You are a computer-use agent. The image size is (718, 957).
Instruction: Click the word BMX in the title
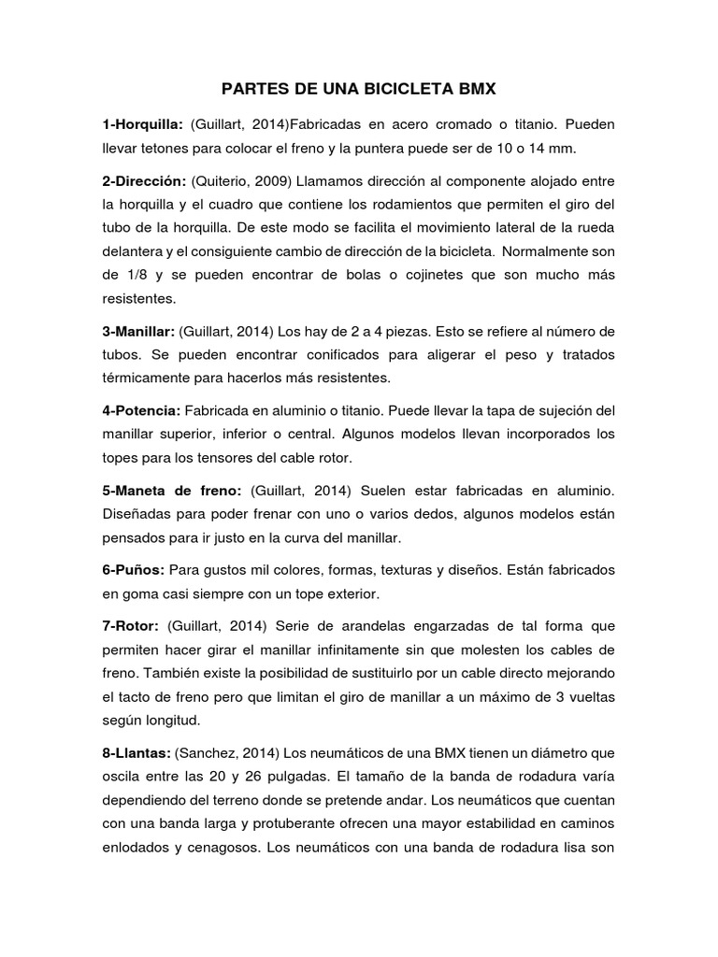click(x=474, y=90)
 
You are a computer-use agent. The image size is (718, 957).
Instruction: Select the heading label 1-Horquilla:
click(x=142, y=124)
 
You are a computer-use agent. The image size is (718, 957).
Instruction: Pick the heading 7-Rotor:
click(x=131, y=624)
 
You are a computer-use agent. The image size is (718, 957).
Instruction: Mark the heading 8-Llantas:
click(x=137, y=751)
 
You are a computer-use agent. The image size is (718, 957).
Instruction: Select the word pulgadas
click(x=300, y=776)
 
